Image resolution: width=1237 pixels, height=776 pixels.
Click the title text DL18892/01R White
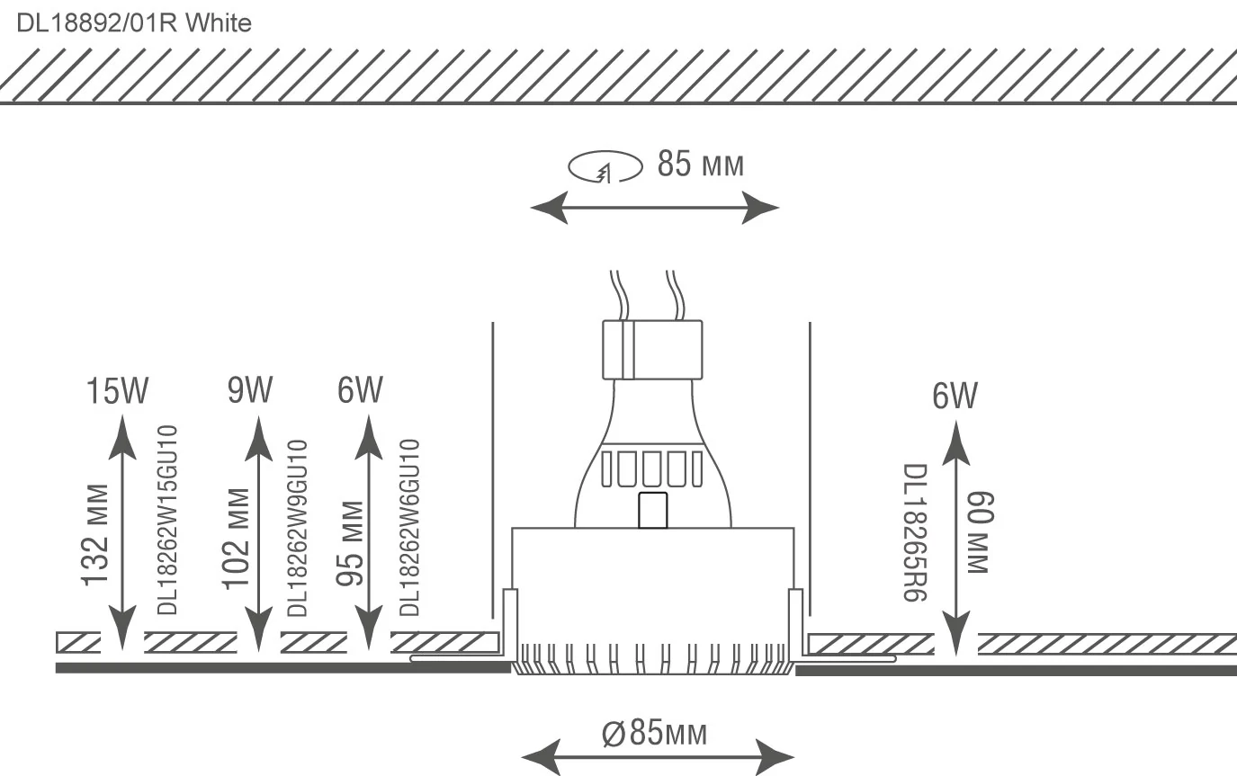(x=134, y=24)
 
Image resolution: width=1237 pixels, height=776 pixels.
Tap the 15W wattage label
(x=117, y=392)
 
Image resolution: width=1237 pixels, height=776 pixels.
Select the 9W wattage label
(x=249, y=392)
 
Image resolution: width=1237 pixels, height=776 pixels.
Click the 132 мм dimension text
(x=96, y=535)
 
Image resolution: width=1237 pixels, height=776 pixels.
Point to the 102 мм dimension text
(x=237, y=539)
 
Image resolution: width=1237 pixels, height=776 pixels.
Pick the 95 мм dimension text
(x=349, y=544)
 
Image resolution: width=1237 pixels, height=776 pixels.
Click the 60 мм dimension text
(x=978, y=533)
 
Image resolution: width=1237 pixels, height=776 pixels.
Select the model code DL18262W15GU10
(x=169, y=521)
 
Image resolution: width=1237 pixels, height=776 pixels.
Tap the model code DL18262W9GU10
(x=298, y=528)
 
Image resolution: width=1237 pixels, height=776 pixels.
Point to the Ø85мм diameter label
(x=654, y=733)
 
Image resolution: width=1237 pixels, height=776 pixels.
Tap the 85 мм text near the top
(x=701, y=165)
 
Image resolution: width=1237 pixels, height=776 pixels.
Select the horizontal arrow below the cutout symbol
(x=655, y=209)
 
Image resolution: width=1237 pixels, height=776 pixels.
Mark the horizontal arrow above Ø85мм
(x=658, y=754)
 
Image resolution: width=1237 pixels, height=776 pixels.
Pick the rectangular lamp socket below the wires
(x=651, y=350)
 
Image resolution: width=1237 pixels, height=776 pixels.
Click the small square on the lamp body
(x=652, y=510)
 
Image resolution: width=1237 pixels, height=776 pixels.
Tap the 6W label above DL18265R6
(x=955, y=397)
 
